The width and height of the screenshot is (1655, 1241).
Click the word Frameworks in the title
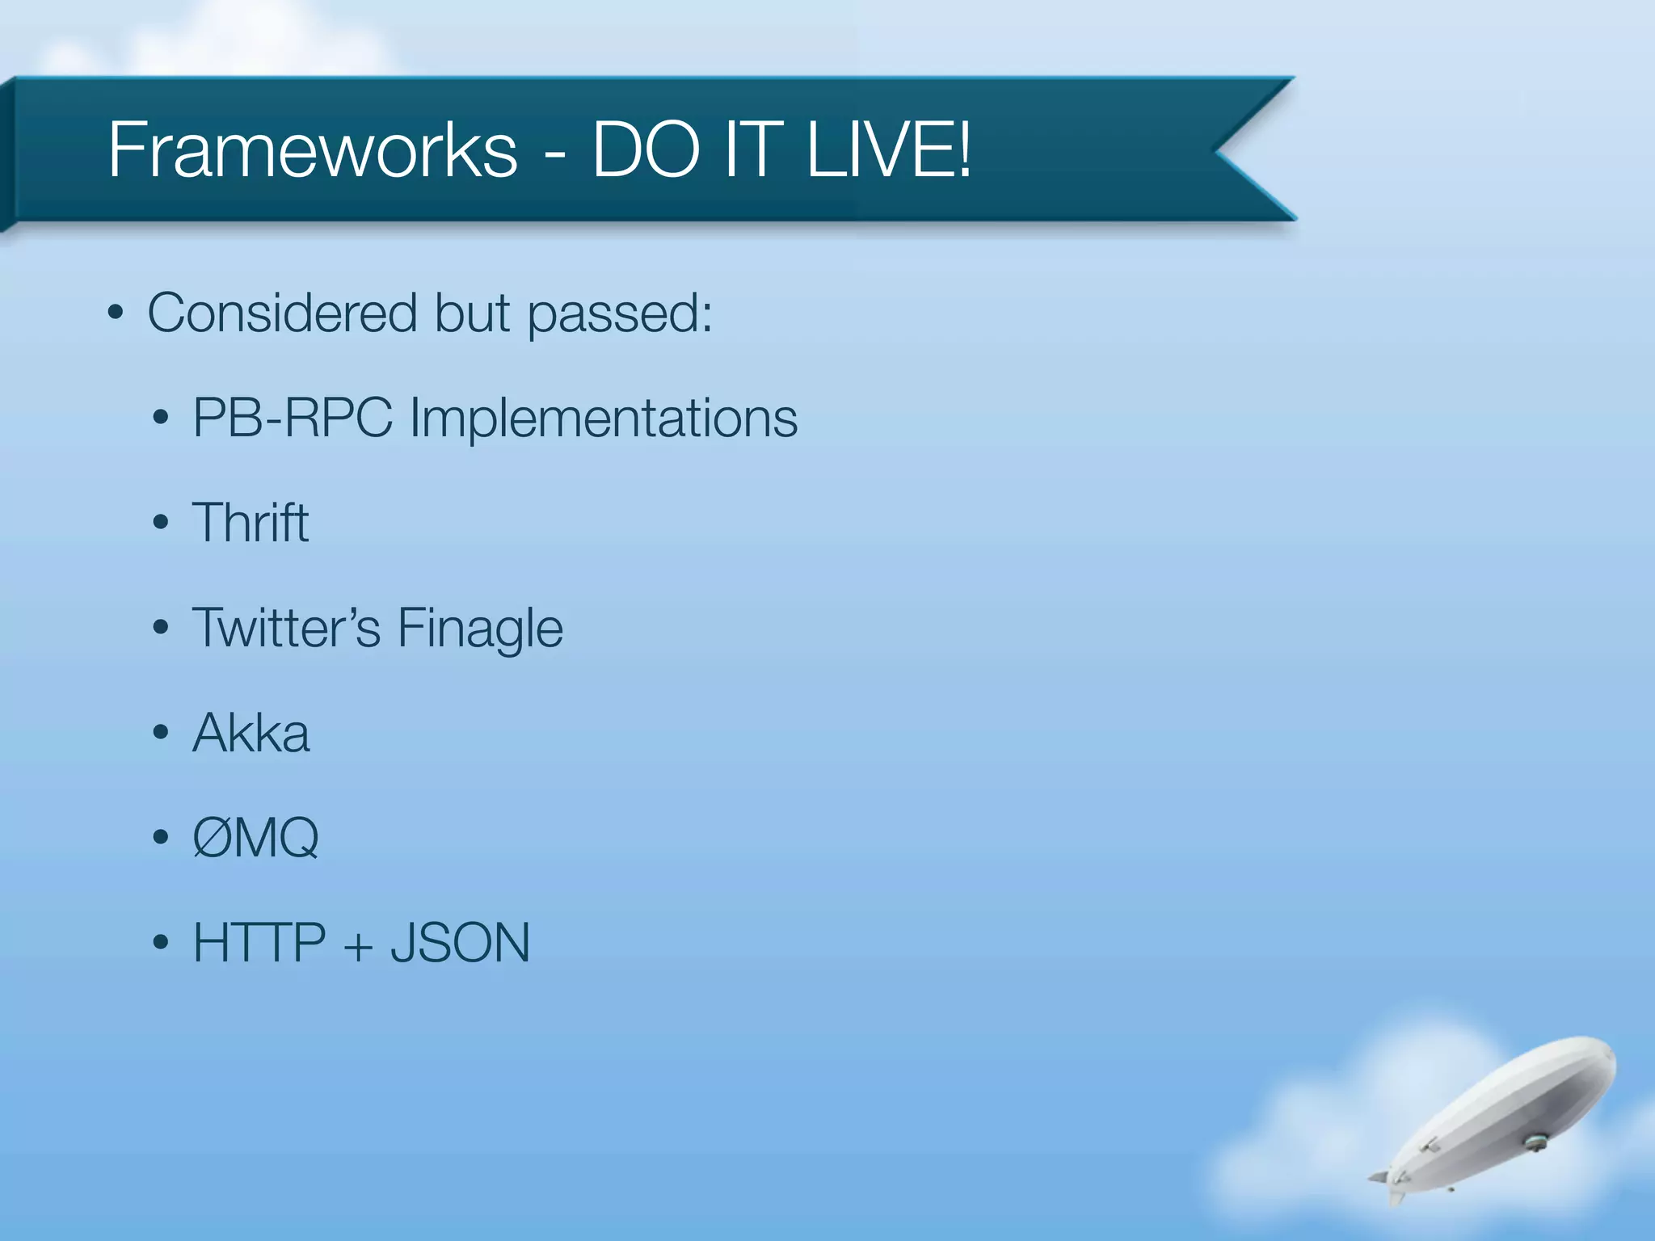coord(312,150)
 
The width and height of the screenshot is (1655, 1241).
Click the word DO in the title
coord(646,150)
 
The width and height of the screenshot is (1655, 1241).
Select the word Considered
coord(282,313)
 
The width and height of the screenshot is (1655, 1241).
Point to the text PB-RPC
coord(292,419)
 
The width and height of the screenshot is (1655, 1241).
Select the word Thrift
coord(251,523)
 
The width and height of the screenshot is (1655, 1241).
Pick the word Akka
coord(251,734)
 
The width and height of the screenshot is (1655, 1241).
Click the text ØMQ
coord(255,838)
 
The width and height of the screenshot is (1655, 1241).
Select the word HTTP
coord(259,943)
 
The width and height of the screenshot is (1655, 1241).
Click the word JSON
coord(460,943)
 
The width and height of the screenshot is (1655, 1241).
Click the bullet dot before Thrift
coord(161,523)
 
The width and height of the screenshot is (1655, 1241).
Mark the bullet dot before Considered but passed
coord(116,313)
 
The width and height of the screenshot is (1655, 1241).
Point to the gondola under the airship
coord(1534,1142)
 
